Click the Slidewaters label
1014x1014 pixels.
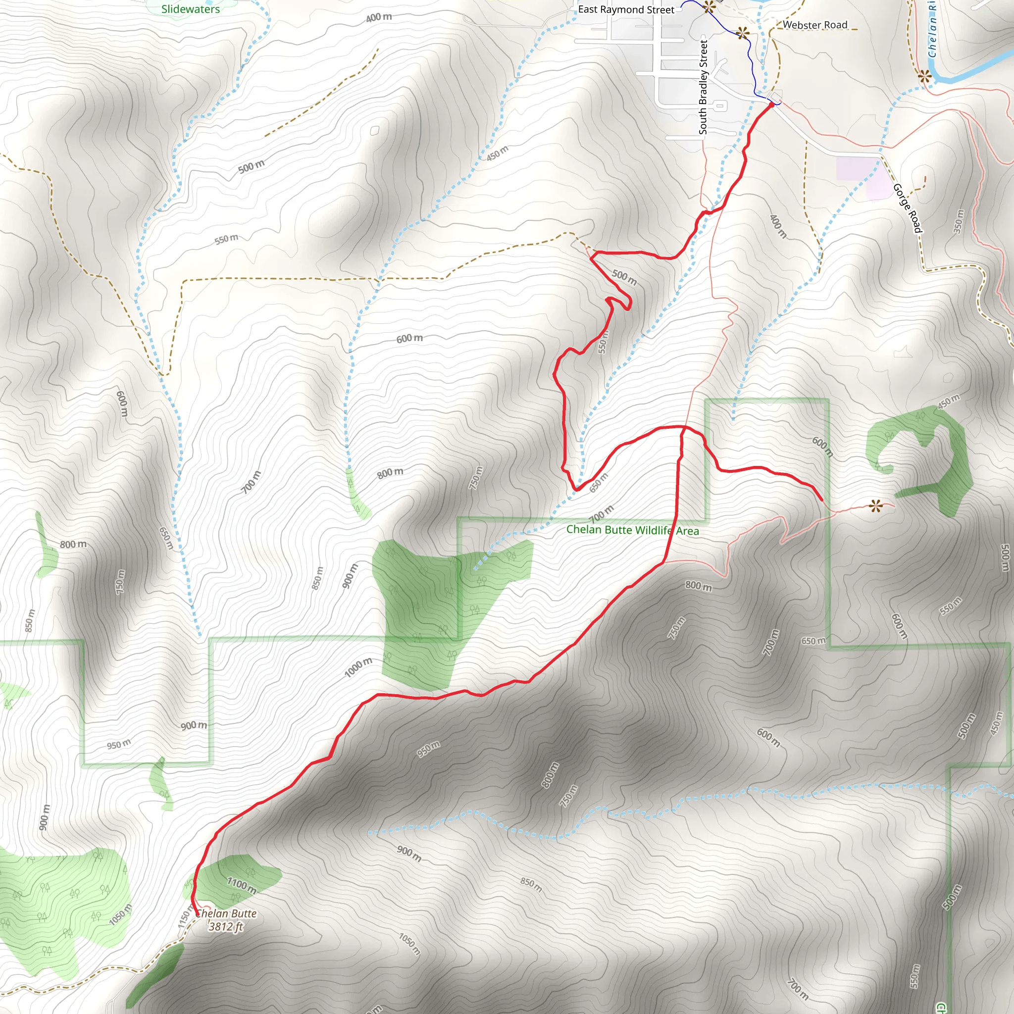click(191, 9)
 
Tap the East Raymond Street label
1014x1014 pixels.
click(626, 9)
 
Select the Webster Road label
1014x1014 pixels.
click(814, 25)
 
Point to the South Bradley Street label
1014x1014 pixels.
click(703, 87)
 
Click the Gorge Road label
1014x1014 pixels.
click(907, 208)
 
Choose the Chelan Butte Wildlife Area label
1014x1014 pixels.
click(632, 530)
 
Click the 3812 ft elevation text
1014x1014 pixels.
click(226, 927)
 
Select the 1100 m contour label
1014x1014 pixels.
click(242, 886)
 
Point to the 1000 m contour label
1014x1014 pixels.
click(358, 667)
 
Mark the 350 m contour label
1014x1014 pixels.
click(959, 221)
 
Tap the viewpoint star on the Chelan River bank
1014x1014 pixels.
click(925, 77)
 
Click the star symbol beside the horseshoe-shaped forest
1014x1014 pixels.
click(875, 506)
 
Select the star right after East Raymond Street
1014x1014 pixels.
click(709, 7)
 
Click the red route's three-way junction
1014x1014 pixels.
click(682, 427)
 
